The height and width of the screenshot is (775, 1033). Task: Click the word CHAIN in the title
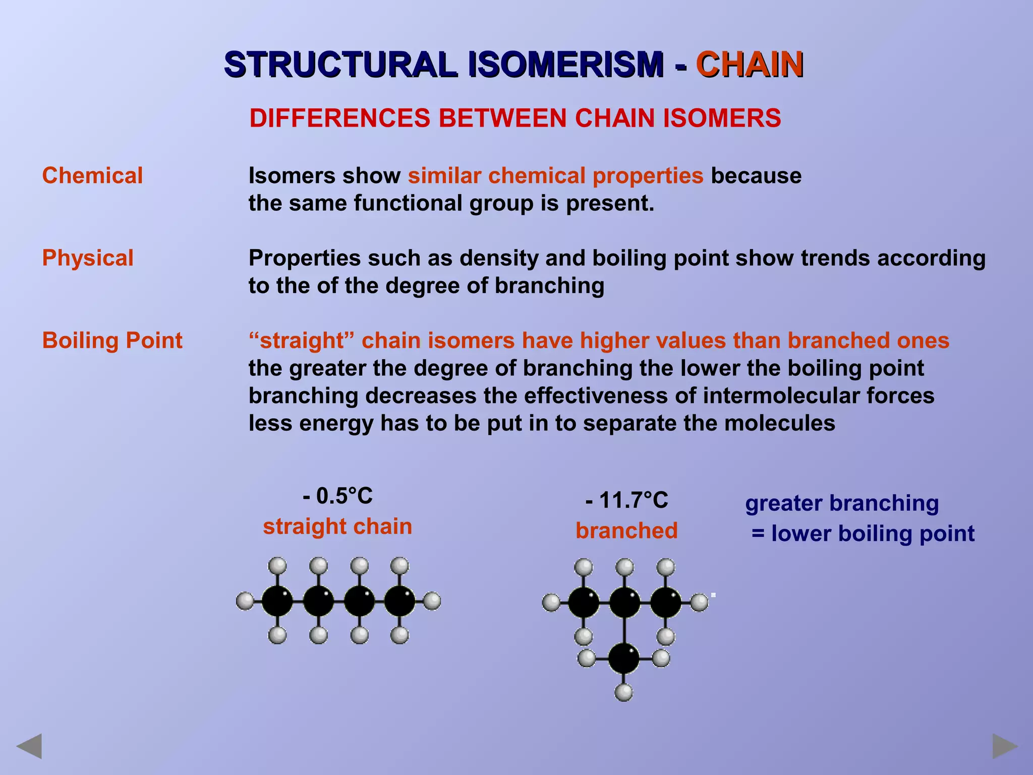(749, 65)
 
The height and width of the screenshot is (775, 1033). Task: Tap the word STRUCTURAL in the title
(340, 65)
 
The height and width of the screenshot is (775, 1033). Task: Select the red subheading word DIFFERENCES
(339, 119)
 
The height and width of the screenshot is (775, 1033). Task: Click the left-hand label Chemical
(92, 176)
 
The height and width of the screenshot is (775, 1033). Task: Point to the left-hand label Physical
(88, 258)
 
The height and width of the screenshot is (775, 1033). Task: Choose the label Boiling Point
(112, 340)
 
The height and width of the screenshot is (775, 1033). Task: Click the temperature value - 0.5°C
(338, 496)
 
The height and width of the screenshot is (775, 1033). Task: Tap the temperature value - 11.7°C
(626, 501)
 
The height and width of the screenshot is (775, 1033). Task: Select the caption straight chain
(337, 526)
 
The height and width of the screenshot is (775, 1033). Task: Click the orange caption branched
(626, 531)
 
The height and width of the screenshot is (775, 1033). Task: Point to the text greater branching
(842, 503)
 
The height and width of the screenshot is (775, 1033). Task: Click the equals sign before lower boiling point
(758, 534)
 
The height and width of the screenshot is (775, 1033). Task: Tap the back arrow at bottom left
(29, 746)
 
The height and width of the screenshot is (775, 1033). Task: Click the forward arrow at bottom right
(1005, 746)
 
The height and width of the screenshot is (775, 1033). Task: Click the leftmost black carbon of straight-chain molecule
(277, 601)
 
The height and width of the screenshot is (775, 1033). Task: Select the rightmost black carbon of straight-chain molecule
(399, 601)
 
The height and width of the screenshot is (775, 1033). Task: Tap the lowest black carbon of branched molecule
(624, 658)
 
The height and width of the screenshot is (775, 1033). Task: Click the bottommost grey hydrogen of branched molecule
(624, 692)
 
